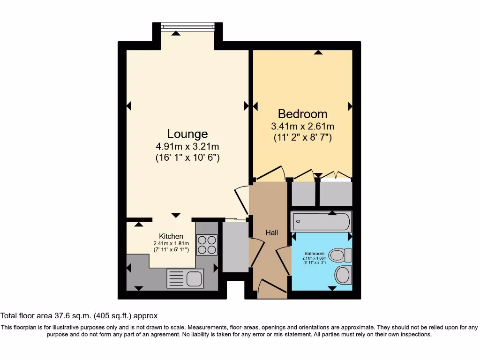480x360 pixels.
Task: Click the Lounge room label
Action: (187, 134)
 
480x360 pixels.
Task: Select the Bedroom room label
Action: (302, 114)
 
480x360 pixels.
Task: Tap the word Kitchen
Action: (171, 236)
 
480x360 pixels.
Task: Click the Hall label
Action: (272, 232)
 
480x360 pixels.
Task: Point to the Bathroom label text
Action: (314, 254)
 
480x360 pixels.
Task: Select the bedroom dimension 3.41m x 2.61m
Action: (302, 127)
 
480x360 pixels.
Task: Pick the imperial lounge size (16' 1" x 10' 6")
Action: (187, 158)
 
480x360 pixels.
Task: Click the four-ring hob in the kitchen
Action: (206, 244)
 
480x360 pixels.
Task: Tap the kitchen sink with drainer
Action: (185, 278)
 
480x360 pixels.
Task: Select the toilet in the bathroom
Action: (341, 255)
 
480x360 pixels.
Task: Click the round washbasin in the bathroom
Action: (343, 275)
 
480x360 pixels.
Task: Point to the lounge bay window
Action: (187, 27)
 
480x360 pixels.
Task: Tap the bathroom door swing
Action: (283, 260)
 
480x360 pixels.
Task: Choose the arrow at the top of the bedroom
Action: (318, 52)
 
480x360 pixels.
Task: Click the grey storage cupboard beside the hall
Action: (235, 247)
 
